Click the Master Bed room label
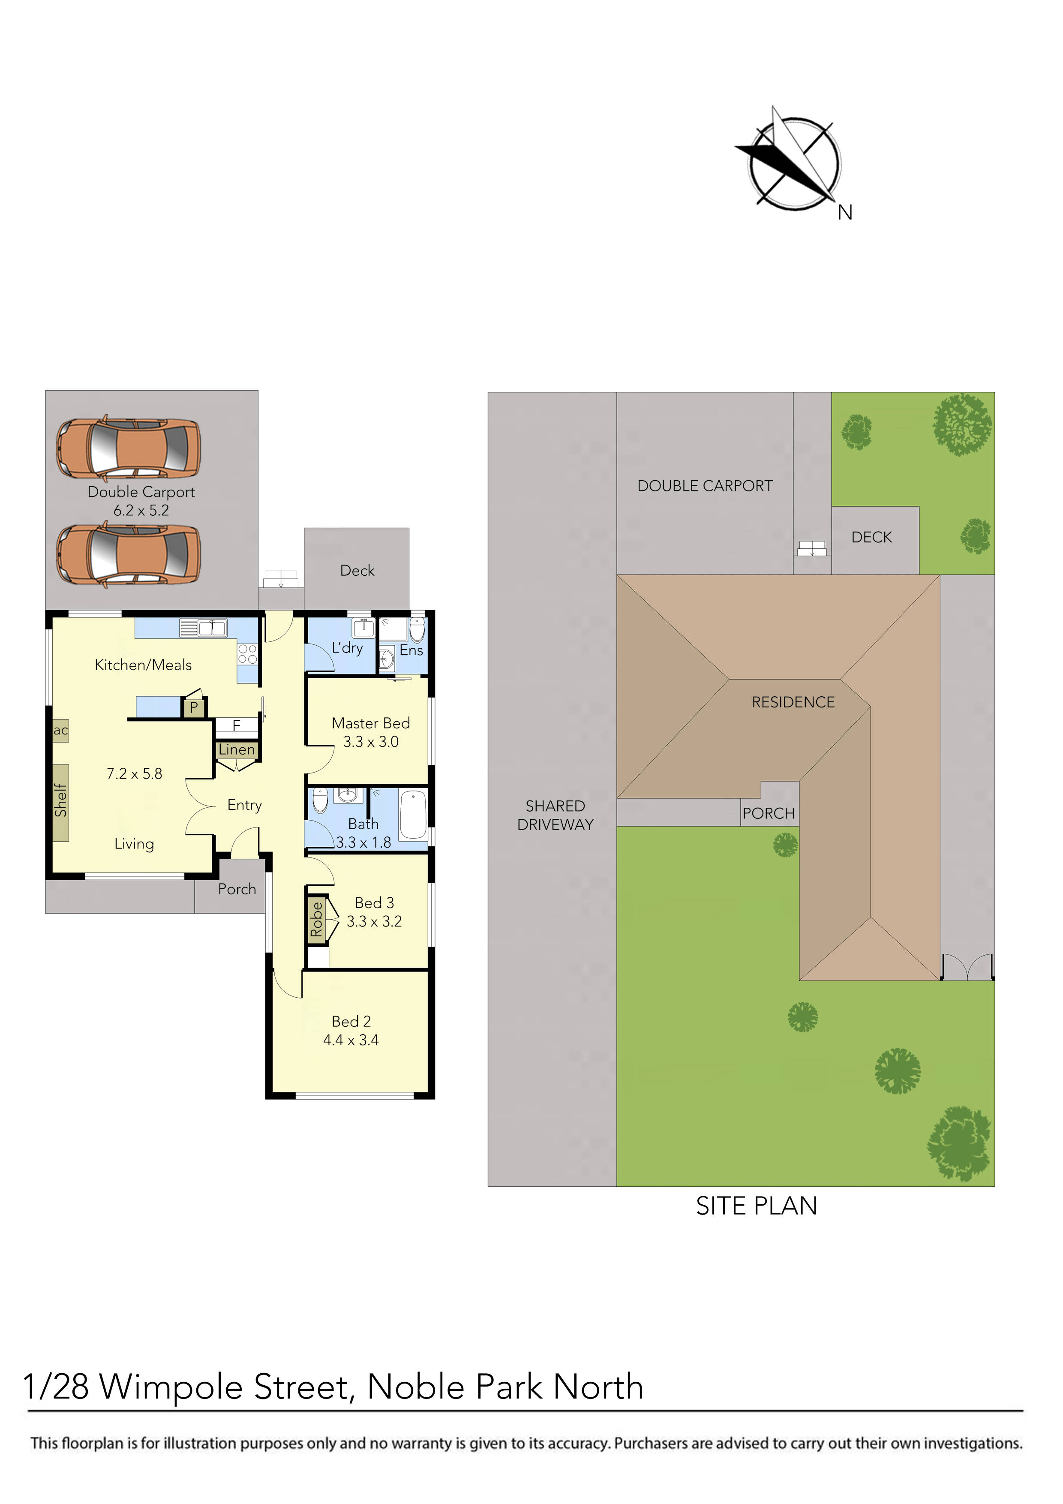point(371,723)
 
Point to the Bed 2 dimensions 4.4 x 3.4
point(351,1040)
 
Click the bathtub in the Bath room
point(413,815)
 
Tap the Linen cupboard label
point(237,750)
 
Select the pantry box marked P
point(194,707)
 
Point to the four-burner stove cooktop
point(248,654)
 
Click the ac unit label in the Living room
point(61,731)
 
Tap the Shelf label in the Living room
point(61,800)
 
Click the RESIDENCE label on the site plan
point(793,702)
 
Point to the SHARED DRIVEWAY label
point(556,815)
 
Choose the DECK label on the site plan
point(872,537)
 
